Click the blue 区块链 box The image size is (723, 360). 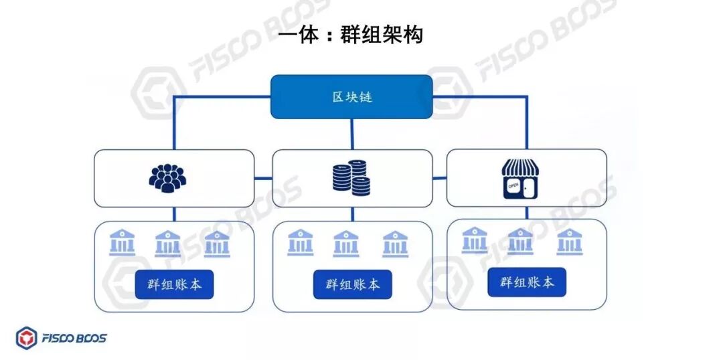point(351,96)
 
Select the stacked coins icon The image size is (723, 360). point(351,177)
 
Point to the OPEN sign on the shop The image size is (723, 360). point(513,187)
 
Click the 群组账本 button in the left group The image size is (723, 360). point(174,285)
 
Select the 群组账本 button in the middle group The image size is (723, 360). point(352,284)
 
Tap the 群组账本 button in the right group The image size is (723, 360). point(526,282)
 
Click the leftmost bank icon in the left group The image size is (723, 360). point(123,243)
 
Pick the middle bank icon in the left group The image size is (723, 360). point(167,244)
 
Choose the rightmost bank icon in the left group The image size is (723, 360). point(217,244)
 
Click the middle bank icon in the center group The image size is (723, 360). point(345,244)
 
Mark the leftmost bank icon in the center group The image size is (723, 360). point(301,243)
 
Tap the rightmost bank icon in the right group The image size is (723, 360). point(569,242)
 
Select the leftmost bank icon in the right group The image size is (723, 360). point(475,240)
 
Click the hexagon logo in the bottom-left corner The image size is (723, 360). point(27,338)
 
